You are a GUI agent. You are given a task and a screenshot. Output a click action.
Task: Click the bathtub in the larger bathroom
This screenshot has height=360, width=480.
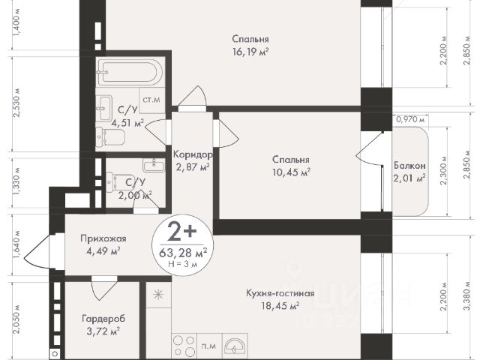click(x=128, y=72)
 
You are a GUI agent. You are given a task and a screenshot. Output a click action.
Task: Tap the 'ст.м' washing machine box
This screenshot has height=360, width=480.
click(x=151, y=100)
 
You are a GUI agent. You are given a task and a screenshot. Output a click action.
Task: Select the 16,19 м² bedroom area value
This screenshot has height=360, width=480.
click(x=250, y=52)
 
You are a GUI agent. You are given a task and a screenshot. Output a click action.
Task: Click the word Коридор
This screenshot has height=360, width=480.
click(x=193, y=154)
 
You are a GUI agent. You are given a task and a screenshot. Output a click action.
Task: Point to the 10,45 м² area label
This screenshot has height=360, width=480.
click(x=292, y=172)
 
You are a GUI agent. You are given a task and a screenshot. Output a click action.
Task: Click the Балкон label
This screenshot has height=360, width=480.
click(x=409, y=166)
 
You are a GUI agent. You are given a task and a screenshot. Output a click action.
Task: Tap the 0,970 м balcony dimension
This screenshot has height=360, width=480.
click(x=410, y=119)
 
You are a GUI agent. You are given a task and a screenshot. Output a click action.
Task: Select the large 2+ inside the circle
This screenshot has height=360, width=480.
click(x=181, y=232)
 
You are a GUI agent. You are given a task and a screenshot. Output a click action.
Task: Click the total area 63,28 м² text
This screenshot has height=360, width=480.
click(x=183, y=253)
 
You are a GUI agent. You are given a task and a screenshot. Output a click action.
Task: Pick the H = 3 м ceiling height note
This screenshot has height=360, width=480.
click(x=183, y=264)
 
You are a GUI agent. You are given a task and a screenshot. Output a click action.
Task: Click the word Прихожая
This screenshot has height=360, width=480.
click(x=103, y=238)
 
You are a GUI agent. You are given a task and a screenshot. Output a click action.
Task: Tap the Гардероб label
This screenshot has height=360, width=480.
click(x=103, y=319)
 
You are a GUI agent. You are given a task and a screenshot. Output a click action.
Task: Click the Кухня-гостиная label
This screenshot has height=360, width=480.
click(x=280, y=293)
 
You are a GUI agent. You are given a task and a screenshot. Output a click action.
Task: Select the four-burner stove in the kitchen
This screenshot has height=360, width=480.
click(x=184, y=346)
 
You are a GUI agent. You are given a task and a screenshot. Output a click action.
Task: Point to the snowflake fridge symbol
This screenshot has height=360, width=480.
click(x=158, y=295)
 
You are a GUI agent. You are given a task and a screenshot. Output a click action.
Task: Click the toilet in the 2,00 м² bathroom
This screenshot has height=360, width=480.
click(x=115, y=182)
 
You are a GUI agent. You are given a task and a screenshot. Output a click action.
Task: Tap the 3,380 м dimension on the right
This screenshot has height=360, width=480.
click(x=467, y=295)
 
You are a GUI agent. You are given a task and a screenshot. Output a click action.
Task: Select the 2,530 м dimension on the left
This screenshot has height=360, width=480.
click(x=17, y=103)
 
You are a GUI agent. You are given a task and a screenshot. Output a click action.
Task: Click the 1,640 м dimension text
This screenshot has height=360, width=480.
click(x=17, y=244)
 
